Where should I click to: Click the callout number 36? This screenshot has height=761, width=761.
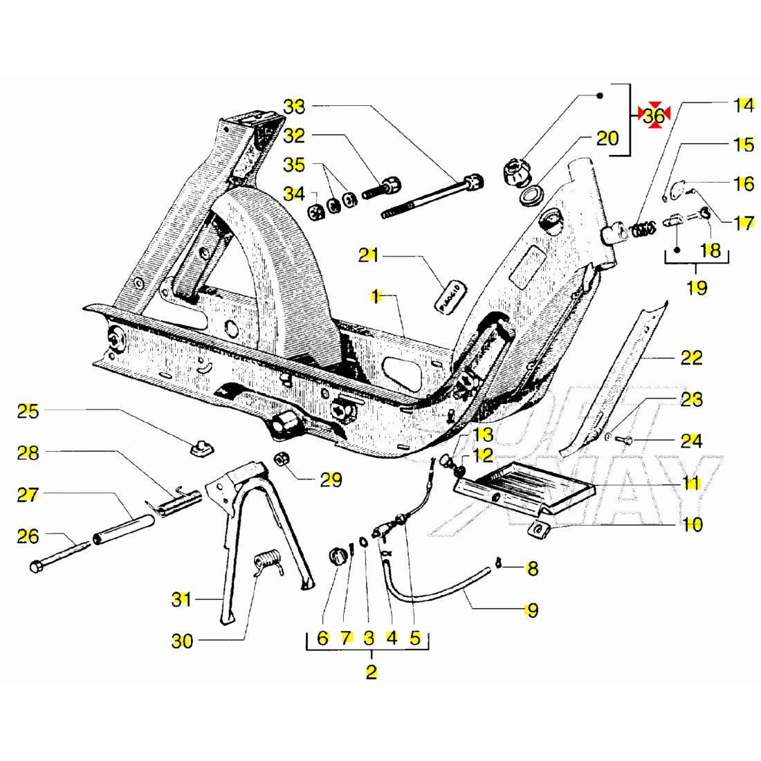(x=654, y=116)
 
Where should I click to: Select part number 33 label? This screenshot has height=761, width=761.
(x=294, y=107)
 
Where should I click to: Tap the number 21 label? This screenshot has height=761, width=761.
(x=369, y=255)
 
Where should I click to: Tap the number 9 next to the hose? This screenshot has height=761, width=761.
(x=531, y=610)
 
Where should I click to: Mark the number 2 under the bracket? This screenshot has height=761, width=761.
(x=372, y=672)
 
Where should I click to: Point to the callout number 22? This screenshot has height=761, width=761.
(x=691, y=358)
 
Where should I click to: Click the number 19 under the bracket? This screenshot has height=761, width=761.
(x=697, y=286)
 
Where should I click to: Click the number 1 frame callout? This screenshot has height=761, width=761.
(x=376, y=297)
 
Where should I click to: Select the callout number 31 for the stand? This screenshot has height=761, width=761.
(x=181, y=599)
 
